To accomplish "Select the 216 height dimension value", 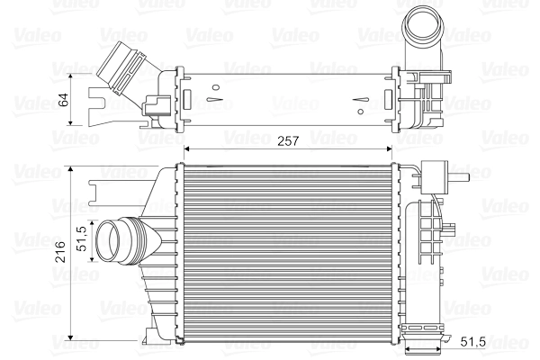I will [60, 255].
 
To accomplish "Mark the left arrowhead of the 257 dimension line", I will [187, 148].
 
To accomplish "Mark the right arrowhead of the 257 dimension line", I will [395, 148].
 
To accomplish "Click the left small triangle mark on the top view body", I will [214, 90].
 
